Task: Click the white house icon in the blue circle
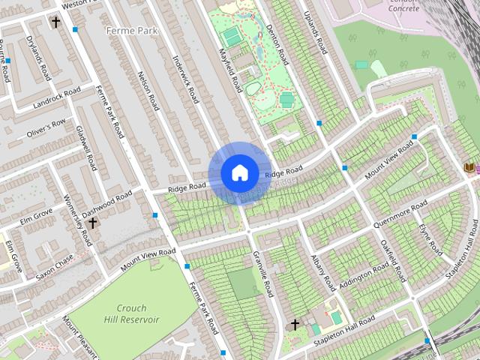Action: coord(239,172)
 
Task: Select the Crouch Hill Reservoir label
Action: coord(127,313)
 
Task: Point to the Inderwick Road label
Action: coord(184,79)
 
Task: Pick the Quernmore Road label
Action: coord(404,212)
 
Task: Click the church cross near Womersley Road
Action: coord(92,223)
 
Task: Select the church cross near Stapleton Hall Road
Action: coord(295,325)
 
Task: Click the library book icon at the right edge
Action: coord(470,166)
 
